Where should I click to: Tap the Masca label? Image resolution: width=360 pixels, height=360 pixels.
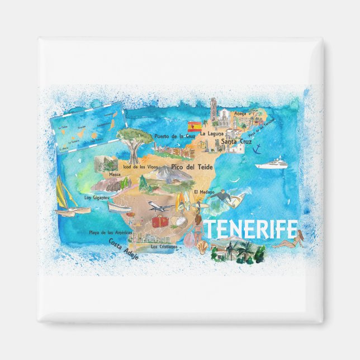(115, 174)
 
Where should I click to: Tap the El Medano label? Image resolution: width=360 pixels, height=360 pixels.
(203, 192)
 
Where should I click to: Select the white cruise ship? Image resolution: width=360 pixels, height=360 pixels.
(272, 164)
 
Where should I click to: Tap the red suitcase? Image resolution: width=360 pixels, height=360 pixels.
(159, 221)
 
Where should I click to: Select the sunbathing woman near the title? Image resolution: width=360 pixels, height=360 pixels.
(293, 242)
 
